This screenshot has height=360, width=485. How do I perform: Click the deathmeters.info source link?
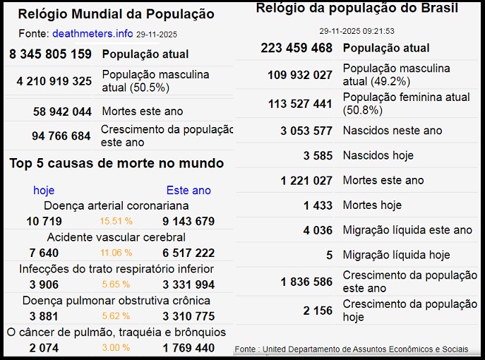(x=92, y=33)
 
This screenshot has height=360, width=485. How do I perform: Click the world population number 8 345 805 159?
(x=50, y=54)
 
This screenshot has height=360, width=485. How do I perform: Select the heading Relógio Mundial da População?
(x=116, y=14)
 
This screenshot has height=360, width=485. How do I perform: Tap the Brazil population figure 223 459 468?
(x=296, y=48)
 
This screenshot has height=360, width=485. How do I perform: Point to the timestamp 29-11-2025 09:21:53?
(x=357, y=31)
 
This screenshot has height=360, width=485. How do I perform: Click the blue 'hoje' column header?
(x=44, y=190)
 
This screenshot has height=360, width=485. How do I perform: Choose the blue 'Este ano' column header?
(x=188, y=190)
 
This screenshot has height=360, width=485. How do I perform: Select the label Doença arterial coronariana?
(x=116, y=206)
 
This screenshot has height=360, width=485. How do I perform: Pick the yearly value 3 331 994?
(x=188, y=284)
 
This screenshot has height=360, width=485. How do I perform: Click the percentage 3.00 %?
(x=115, y=348)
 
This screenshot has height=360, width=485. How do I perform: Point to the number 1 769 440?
(x=188, y=348)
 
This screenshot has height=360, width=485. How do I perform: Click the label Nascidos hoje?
(x=378, y=155)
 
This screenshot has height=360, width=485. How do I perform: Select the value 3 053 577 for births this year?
(x=306, y=131)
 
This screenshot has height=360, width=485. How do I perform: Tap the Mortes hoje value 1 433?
(x=318, y=205)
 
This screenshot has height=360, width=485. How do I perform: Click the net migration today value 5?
(x=329, y=255)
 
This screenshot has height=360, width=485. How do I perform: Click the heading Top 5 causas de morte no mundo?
(x=116, y=164)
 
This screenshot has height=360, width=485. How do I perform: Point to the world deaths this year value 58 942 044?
(x=62, y=112)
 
